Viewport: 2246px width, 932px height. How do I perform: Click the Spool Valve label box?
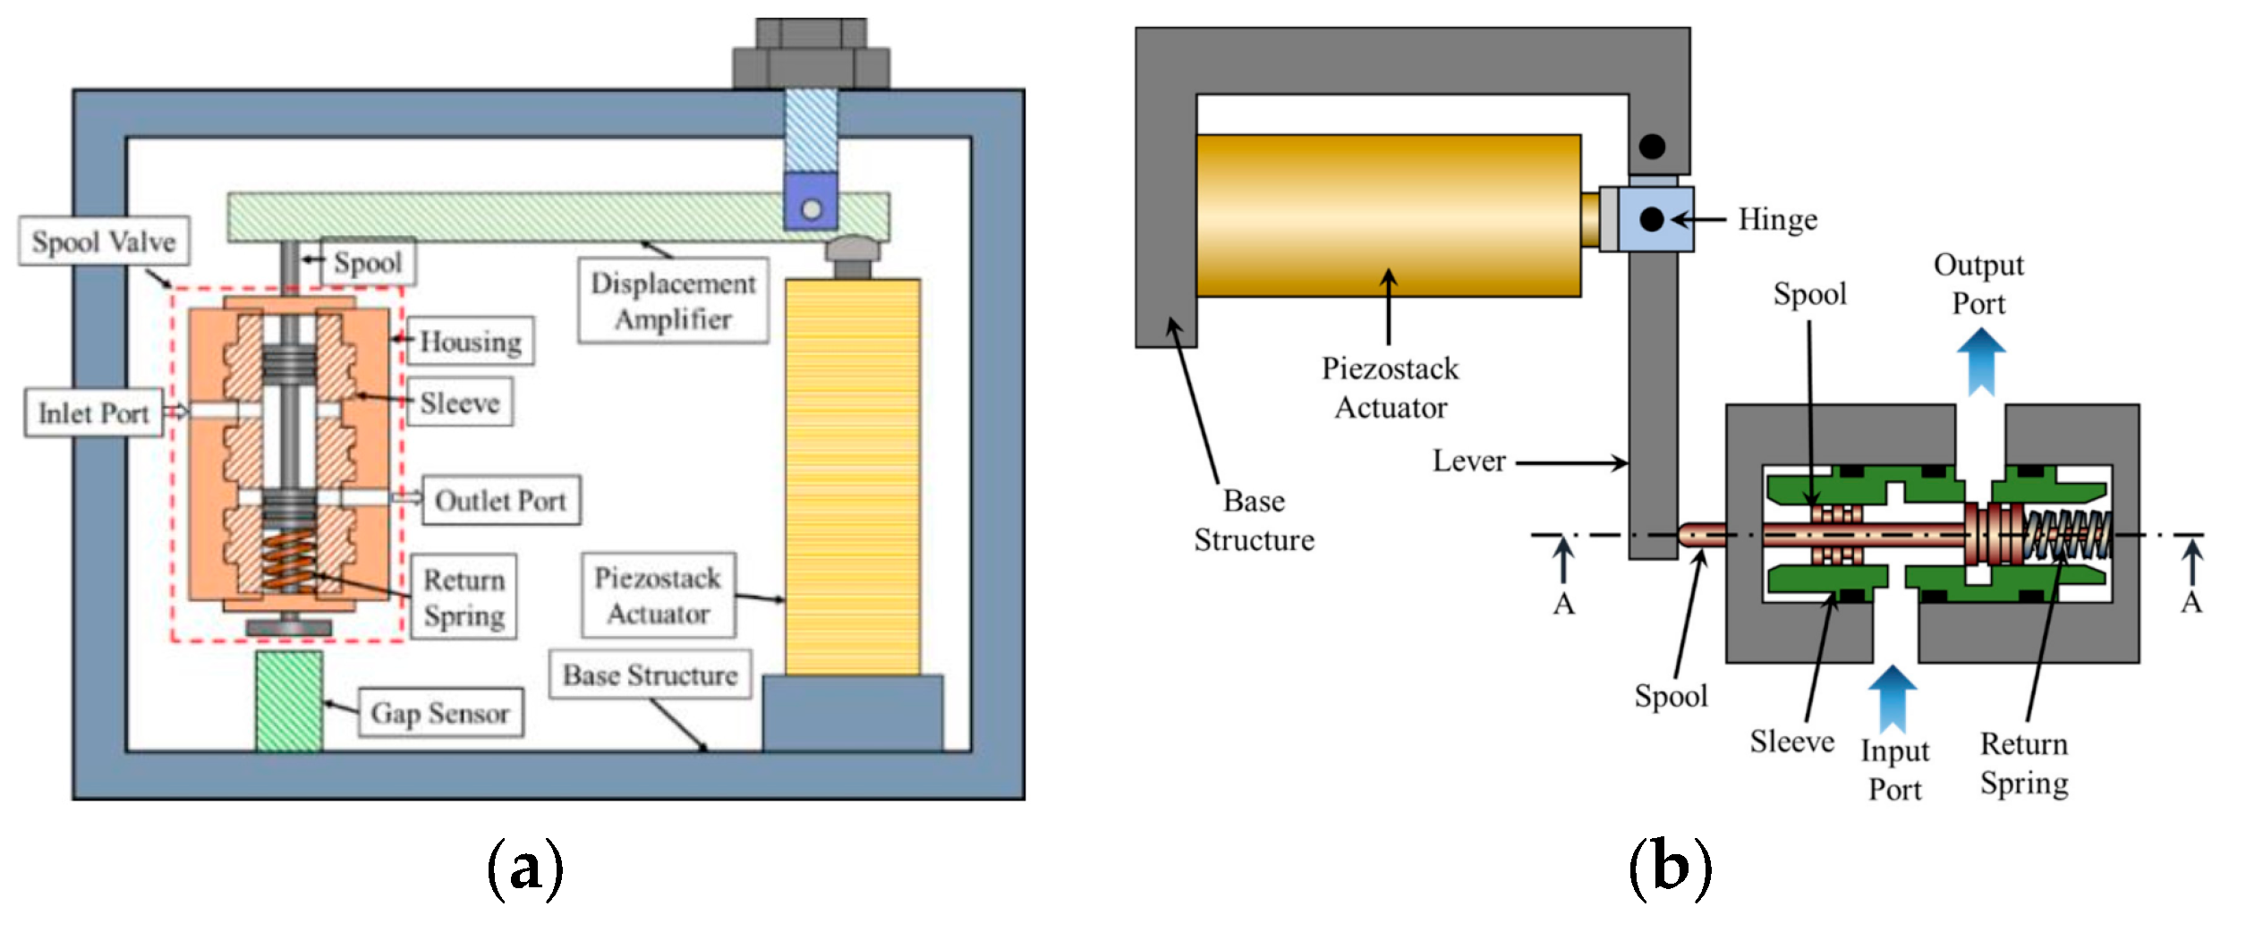(104, 241)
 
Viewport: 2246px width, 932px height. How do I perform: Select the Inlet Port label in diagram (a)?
(93, 413)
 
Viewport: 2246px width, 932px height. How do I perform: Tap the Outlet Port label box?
(501, 501)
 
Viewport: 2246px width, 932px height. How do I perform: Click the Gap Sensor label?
(440, 713)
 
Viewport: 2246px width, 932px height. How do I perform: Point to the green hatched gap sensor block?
(289, 701)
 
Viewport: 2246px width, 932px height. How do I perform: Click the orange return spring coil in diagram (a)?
(288, 560)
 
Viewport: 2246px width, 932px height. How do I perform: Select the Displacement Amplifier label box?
(673, 301)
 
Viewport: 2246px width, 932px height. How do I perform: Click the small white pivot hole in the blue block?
(812, 209)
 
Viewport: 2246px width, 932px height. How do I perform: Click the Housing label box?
(471, 342)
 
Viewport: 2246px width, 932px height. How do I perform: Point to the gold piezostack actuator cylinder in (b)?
(1388, 216)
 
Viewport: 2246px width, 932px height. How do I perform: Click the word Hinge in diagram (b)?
(1777, 220)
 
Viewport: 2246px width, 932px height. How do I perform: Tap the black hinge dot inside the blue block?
(1652, 219)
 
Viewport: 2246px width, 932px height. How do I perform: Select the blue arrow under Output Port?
(1980, 362)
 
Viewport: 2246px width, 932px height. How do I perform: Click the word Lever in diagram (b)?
(1468, 462)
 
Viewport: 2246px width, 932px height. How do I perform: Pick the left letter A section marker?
(1563, 605)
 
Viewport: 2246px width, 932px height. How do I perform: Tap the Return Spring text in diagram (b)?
(2024, 764)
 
